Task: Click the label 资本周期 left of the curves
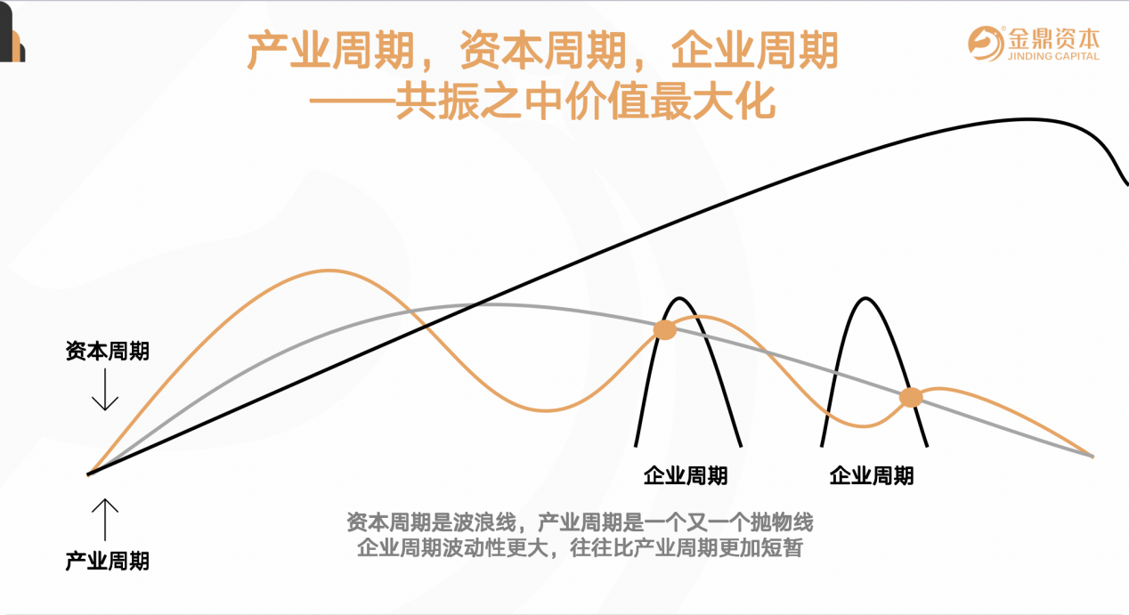click(x=108, y=351)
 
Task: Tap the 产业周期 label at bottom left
click(x=108, y=561)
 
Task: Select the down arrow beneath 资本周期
click(x=105, y=389)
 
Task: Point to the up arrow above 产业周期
click(x=105, y=519)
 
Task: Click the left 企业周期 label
click(x=686, y=475)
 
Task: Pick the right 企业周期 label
click(x=872, y=475)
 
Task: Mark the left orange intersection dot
click(x=665, y=330)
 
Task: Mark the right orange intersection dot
click(x=911, y=398)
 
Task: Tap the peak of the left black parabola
click(x=679, y=299)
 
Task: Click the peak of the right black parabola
click(x=865, y=299)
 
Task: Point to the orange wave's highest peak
click(x=329, y=271)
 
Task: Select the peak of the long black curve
click(x=1026, y=119)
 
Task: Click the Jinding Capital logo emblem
click(x=986, y=44)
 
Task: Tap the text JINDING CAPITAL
click(x=1053, y=56)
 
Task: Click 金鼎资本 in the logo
click(x=1053, y=37)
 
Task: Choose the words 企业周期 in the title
click(x=754, y=50)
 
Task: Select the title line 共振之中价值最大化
click(x=585, y=101)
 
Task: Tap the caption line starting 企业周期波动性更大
click(x=580, y=547)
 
